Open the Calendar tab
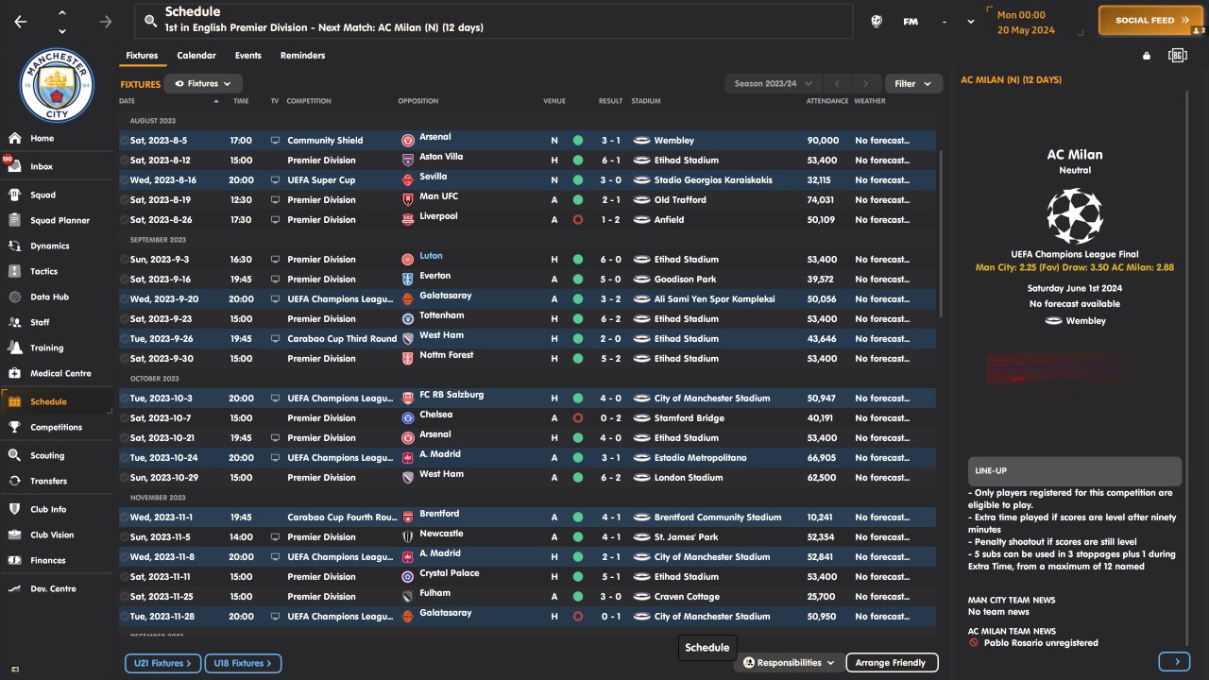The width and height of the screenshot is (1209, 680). (196, 56)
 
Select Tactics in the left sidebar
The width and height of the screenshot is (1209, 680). (43, 271)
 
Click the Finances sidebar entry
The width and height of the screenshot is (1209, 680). (47, 560)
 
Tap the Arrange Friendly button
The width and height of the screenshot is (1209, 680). (891, 663)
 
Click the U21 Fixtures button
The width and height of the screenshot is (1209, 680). (162, 664)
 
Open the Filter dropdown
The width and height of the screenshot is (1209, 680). (912, 84)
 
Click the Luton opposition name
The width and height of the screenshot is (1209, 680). (431, 256)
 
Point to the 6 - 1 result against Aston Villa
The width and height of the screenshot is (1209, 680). (610, 161)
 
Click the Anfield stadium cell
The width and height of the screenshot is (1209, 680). (669, 220)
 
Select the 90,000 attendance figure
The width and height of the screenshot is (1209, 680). (823, 141)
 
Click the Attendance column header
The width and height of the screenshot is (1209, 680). (826, 101)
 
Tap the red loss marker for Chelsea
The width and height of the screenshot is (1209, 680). (578, 418)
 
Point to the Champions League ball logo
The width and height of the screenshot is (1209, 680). (1074, 215)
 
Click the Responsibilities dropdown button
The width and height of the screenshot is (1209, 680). (790, 663)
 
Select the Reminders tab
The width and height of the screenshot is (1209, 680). (302, 56)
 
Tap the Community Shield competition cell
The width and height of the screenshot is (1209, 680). (325, 141)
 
